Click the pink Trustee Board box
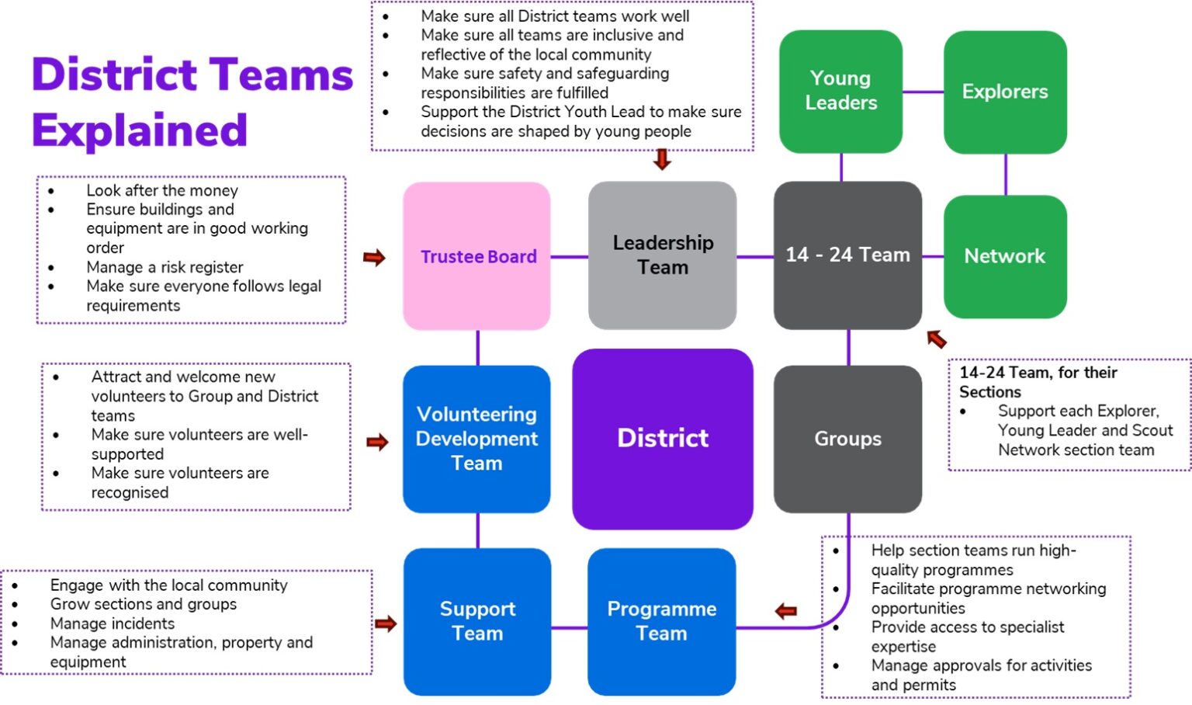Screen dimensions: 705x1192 [476, 256]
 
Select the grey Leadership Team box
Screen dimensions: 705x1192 [662, 255]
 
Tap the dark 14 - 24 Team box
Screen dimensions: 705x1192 [847, 255]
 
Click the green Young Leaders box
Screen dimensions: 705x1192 [840, 91]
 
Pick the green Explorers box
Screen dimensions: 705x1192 [1005, 92]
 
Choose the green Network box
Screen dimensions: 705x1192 [1005, 256]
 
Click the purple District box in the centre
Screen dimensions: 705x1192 [662, 439]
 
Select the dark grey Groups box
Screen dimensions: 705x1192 [847, 439]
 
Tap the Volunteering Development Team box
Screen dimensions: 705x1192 [476, 439]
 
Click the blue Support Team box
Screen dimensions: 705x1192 [477, 621]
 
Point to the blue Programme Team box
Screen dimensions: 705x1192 [661, 621]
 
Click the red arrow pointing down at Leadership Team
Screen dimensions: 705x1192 [662, 160]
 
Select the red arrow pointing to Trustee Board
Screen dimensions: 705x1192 [375, 258]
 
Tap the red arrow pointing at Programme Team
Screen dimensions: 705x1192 [786, 611]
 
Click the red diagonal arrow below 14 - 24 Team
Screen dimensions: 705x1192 [937, 339]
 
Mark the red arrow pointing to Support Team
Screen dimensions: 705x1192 [386, 623]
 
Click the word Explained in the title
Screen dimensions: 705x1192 [140, 130]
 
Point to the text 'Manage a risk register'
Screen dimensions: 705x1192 [165, 267]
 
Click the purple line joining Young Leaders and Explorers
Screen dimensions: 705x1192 [923, 92]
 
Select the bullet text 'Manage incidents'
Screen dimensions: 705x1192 [113, 623]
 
